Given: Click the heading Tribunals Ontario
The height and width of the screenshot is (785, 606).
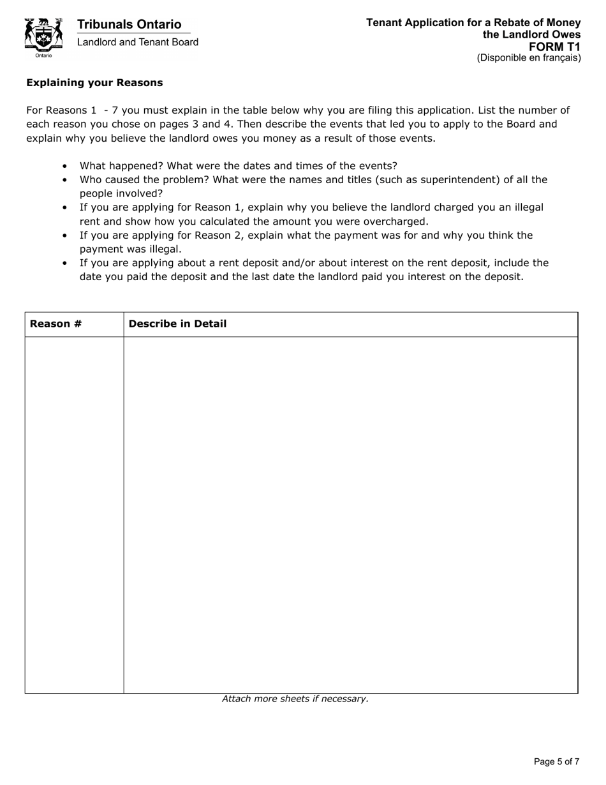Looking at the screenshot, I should click(129, 24).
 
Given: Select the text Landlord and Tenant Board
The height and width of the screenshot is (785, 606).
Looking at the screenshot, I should click(137, 42).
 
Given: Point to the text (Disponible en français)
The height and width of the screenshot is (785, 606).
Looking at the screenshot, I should click(528, 57).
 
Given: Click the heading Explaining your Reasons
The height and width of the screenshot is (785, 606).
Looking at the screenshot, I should click(94, 82).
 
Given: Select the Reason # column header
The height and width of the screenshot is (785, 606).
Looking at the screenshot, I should click(55, 324).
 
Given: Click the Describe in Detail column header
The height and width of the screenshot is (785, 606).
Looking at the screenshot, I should click(177, 324).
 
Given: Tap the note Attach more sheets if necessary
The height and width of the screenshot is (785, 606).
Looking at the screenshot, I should click(295, 699).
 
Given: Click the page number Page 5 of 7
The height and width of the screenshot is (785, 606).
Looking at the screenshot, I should click(556, 761).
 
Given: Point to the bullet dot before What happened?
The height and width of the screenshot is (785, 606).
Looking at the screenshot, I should click(65, 166).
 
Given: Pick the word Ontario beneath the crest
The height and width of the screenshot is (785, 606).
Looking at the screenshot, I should click(43, 56).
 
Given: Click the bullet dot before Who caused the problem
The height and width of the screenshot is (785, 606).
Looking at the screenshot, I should click(65, 180).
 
